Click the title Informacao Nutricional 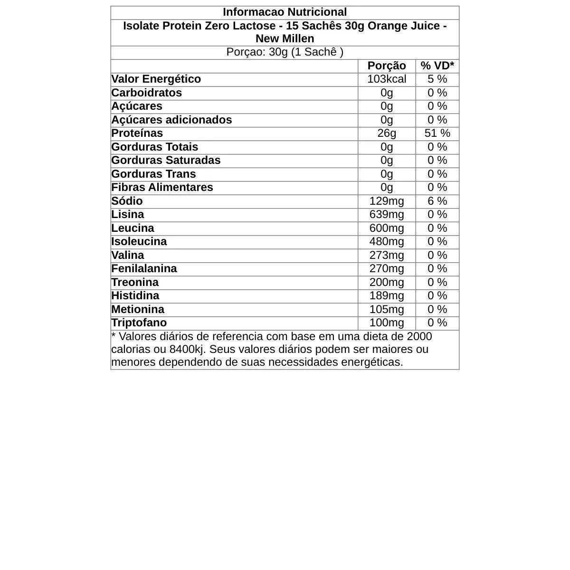285,12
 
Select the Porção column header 387,66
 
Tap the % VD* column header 437,66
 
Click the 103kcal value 387,79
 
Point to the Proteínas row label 137,133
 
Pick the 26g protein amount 387,133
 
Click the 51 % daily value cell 437,133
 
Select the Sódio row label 127,201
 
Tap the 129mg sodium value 387,201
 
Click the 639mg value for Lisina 387,214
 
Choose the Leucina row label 133,228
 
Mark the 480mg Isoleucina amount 387,241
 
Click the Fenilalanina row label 144,268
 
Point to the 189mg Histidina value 387,295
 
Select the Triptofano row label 139,323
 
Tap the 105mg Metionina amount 387,309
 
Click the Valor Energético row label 156,79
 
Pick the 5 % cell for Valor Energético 437,79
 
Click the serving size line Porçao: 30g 285,52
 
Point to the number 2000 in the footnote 419,336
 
